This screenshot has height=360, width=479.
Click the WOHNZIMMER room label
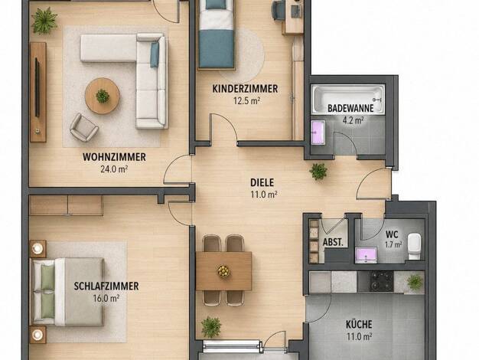click(x=114, y=157)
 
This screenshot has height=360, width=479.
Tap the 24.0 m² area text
click(x=114, y=169)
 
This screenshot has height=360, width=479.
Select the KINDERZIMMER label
click(x=245, y=89)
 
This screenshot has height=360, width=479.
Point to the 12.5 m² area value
click(x=247, y=100)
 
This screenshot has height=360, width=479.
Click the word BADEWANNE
click(x=350, y=108)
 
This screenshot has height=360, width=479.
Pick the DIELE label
click(x=262, y=182)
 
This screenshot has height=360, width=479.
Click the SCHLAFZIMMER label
click(x=106, y=286)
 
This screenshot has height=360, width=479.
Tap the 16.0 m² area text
click(x=106, y=298)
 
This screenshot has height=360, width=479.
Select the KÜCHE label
click(x=359, y=324)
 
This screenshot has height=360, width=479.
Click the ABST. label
click(x=333, y=243)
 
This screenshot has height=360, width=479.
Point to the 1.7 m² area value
click(x=393, y=244)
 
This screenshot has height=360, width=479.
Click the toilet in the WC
click(x=415, y=246)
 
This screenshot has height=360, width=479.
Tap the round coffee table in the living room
click(x=103, y=96)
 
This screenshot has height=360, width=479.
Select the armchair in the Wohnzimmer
click(x=83, y=127)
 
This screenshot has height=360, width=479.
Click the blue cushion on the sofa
click(x=155, y=54)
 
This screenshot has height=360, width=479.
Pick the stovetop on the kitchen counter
click(x=382, y=281)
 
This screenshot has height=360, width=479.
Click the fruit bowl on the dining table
click(x=223, y=271)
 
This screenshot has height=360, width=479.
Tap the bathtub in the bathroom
click(x=347, y=100)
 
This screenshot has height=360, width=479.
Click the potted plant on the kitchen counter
click(x=415, y=282)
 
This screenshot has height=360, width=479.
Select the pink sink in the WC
click(x=366, y=256)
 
